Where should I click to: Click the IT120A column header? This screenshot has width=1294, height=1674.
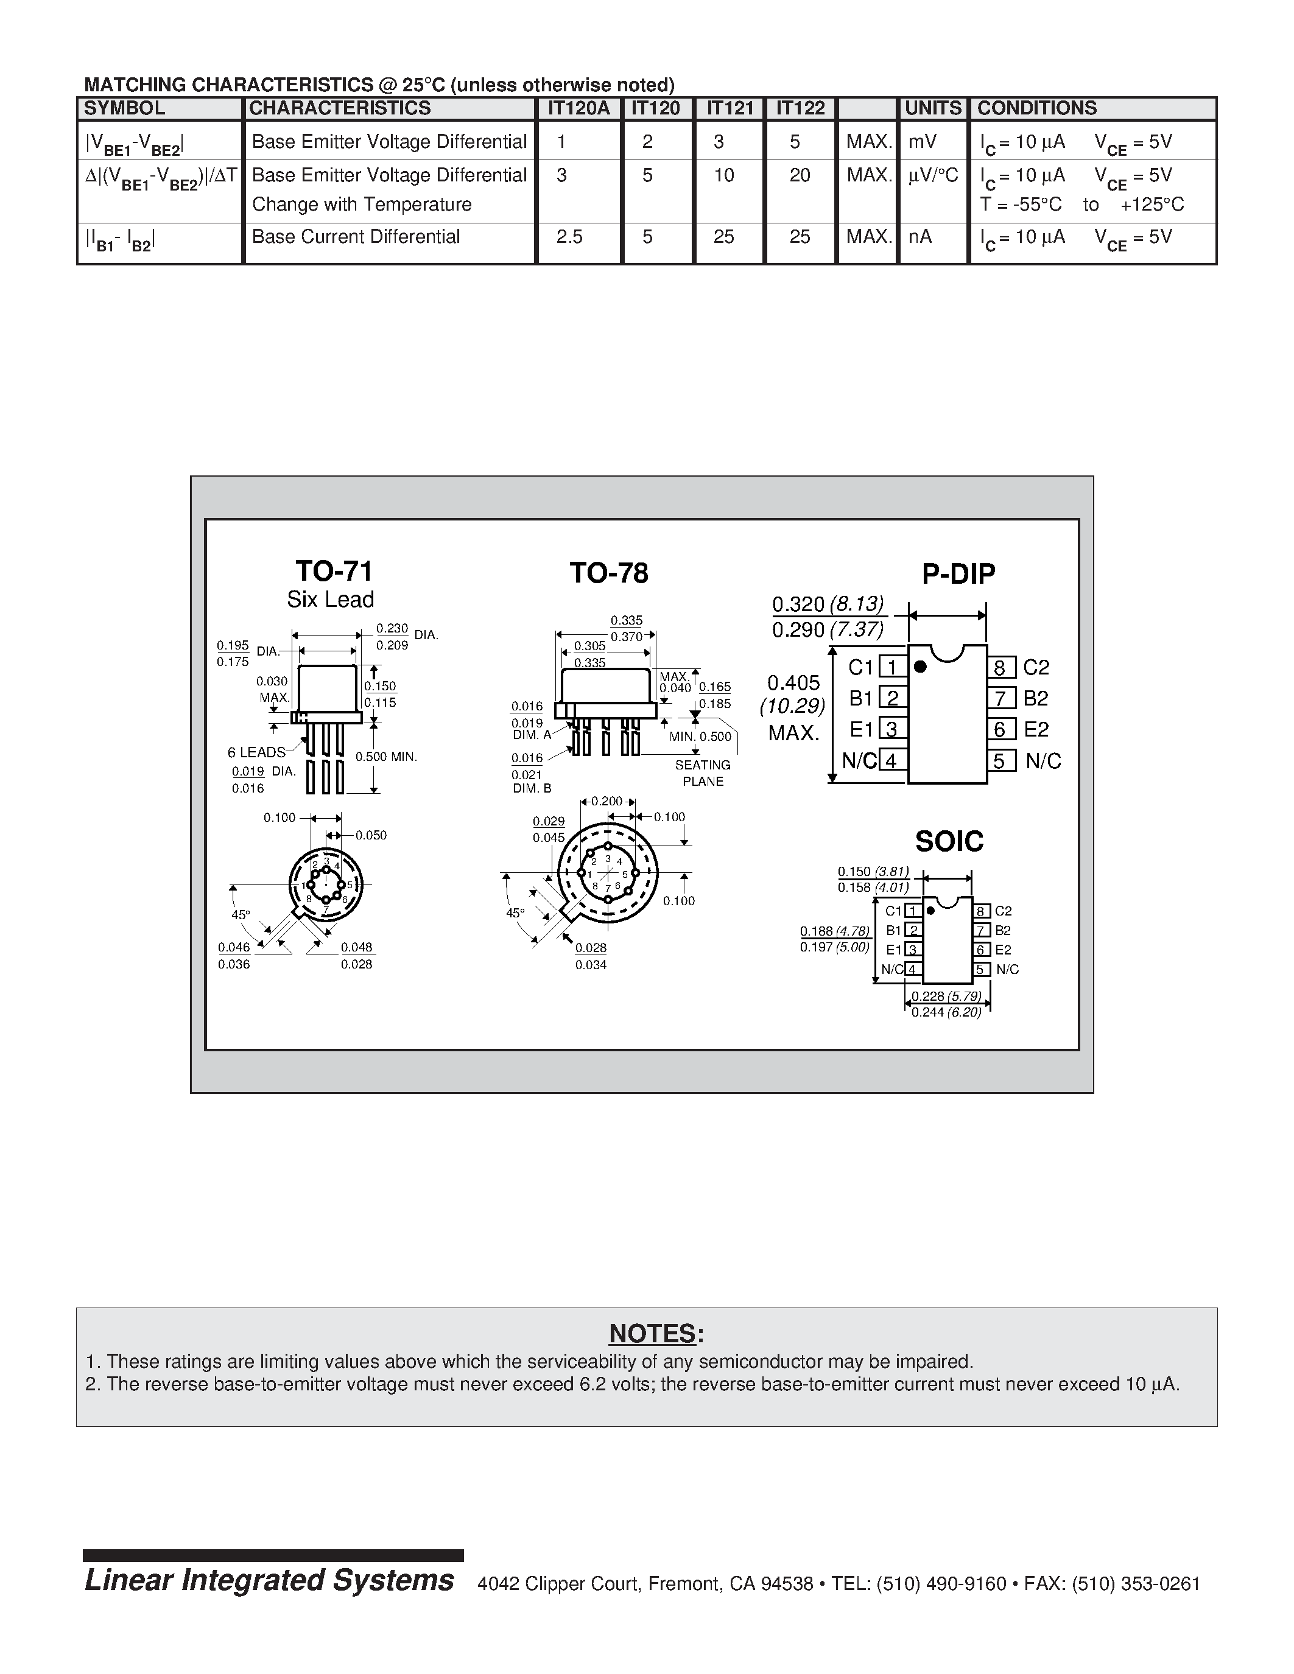pos(578,108)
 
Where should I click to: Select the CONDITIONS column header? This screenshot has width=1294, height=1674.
pos(1036,108)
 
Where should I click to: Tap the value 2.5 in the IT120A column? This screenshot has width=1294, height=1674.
pos(569,237)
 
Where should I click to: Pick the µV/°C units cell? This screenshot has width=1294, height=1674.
pos(933,175)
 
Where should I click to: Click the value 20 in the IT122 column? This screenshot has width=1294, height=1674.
pos(800,175)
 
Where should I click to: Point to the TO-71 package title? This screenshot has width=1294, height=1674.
pos(334,571)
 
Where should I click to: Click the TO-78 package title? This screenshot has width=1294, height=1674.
pos(609,573)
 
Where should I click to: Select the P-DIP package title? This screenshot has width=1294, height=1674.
pos(958,573)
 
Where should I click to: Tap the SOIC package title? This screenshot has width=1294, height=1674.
pos(949,842)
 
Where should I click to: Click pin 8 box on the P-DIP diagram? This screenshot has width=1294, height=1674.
pos(1000,668)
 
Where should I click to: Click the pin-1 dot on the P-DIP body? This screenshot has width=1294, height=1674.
pos(921,667)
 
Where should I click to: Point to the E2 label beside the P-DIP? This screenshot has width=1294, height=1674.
pos(1036,729)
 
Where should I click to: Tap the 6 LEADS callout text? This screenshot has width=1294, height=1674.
pos(256,752)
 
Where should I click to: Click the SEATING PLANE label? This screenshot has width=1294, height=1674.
pos(702,772)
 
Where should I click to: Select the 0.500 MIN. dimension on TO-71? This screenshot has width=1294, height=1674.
pos(385,757)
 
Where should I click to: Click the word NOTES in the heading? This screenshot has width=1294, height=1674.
pos(652,1334)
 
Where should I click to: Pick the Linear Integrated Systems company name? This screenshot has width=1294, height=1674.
pos(269,1580)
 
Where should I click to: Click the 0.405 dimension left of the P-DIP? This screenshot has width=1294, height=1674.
pos(793,682)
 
